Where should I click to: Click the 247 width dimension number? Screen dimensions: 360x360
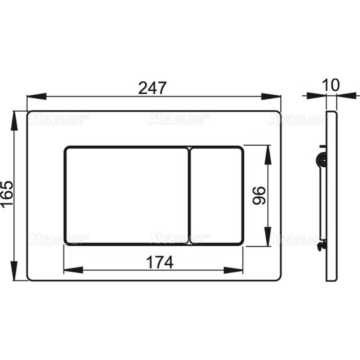[x=152, y=88]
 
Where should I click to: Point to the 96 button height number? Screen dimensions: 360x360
[x=259, y=195]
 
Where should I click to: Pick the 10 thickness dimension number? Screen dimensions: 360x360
[x=330, y=85]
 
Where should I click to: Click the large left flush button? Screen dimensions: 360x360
[x=127, y=195]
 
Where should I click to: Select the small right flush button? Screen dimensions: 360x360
[x=216, y=195]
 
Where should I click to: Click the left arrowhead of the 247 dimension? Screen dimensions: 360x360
[x=37, y=96]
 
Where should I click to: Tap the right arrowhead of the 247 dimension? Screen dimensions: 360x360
[x=271, y=96]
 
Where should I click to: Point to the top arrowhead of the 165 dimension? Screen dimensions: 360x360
[x=14, y=121]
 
